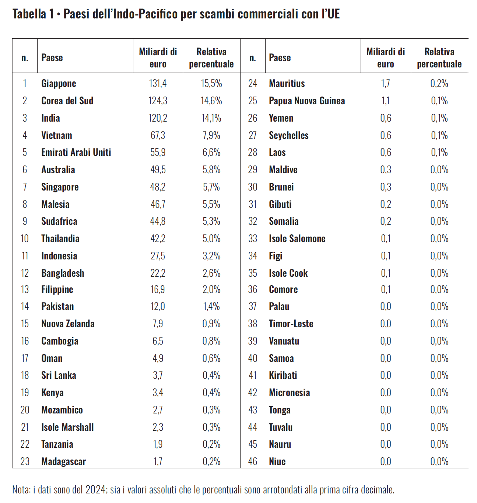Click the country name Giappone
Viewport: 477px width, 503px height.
(x=59, y=84)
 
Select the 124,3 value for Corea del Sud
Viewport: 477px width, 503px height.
(x=158, y=101)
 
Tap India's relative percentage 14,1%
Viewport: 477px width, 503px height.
(x=211, y=118)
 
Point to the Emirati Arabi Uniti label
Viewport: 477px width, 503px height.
(x=76, y=153)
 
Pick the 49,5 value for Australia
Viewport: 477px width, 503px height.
(x=158, y=170)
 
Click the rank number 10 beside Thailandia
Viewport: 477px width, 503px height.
(x=25, y=239)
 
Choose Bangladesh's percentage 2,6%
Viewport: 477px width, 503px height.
(x=211, y=273)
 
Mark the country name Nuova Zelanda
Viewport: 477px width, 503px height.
(x=68, y=324)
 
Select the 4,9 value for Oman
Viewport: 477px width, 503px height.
(x=158, y=358)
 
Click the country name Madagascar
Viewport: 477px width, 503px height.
(x=63, y=461)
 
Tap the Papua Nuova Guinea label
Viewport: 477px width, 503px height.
(x=307, y=101)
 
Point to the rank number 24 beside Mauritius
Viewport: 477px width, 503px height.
(x=252, y=84)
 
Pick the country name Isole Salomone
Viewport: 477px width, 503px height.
(x=297, y=239)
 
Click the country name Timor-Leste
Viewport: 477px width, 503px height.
(x=291, y=324)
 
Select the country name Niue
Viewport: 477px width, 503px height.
(x=277, y=461)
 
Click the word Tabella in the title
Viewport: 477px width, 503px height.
(x=29, y=14)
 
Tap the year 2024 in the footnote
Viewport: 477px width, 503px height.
(x=95, y=490)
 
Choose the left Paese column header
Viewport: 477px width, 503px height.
(x=52, y=58)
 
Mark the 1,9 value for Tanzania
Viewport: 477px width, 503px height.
(x=158, y=444)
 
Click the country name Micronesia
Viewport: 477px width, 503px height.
(x=289, y=393)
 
